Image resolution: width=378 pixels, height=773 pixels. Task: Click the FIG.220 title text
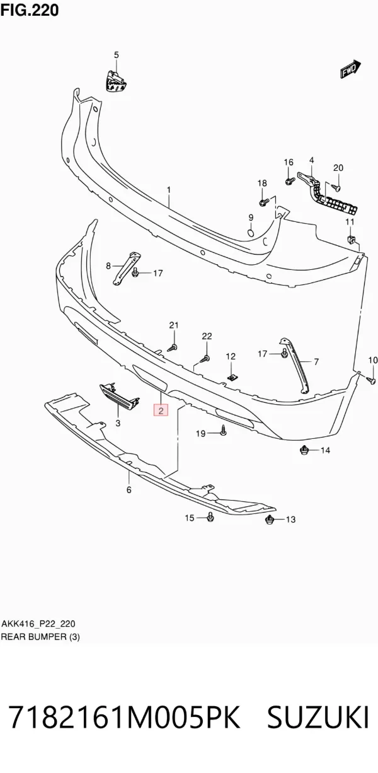[30, 10]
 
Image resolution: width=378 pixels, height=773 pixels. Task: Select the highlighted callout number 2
[161, 410]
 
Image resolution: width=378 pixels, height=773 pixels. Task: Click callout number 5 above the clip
[116, 55]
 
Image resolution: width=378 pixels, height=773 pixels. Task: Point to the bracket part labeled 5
[116, 81]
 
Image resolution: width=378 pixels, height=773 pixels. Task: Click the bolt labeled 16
[290, 180]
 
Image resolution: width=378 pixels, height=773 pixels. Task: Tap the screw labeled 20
[336, 187]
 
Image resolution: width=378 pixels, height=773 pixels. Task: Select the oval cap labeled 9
[251, 233]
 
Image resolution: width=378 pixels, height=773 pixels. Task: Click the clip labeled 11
[352, 239]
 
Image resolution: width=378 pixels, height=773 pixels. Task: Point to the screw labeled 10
[371, 380]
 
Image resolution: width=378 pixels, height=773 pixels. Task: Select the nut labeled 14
[304, 450]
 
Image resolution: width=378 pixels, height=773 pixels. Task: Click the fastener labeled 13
[270, 520]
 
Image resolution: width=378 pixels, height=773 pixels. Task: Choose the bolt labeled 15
[210, 517]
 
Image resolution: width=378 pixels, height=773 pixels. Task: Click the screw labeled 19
[223, 431]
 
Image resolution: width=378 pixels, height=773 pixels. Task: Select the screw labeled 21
[173, 348]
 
